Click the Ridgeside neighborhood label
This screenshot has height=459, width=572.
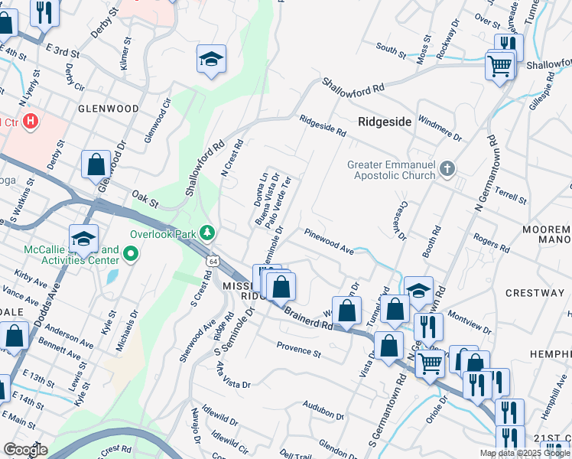(x=385, y=122)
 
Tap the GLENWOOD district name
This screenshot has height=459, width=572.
(x=108, y=109)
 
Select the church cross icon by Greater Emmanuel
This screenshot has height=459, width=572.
(x=449, y=169)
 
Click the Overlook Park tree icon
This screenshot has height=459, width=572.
(x=206, y=232)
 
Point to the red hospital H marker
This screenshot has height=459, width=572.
(x=30, y=121)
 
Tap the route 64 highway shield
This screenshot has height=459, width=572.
(x=210, y=262)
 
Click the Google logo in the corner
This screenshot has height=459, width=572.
(x=24, y=450)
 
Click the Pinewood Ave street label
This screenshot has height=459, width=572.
(x=329, y=240)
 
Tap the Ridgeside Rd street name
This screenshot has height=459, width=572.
(x=323, y=126)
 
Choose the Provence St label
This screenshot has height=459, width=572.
(x=298, y=350)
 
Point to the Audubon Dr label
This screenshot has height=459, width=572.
(x=320, y=405)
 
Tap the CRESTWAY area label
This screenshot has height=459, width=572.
(x=535, y=293)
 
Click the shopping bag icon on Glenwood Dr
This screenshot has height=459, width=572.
(x=96, y=164)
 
